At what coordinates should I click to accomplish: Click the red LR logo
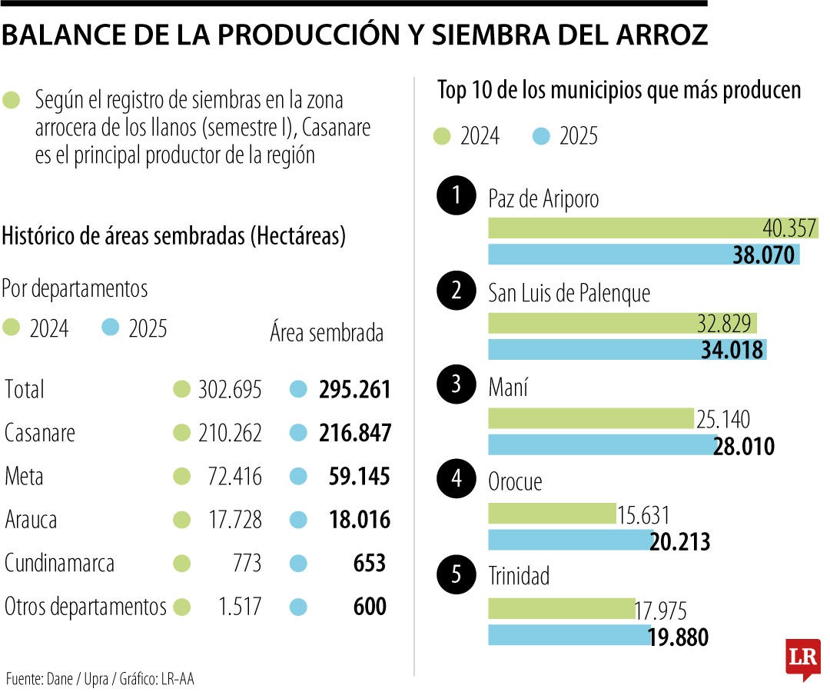[803, 657]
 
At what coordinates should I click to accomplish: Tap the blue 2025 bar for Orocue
[569, 541]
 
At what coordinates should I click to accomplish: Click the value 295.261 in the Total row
[354, 390]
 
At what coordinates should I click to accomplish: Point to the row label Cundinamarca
[59, 564]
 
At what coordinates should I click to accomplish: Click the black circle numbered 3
[456, 385]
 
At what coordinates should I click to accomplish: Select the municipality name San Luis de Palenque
[569, 292]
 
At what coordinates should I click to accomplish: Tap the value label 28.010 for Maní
[743, 446]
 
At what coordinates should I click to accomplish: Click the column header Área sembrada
[327, 333]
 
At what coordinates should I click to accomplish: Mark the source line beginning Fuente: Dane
[100, 680]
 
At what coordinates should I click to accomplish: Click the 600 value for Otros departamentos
[370, 607]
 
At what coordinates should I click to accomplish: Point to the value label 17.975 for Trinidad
[660, 611]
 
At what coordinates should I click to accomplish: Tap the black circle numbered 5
[456, 575]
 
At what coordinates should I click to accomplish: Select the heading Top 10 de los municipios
[619, 91]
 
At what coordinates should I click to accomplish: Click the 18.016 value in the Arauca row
[354, 521]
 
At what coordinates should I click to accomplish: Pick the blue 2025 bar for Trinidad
[569, 635]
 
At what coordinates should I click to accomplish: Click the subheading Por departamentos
[75, 289]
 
